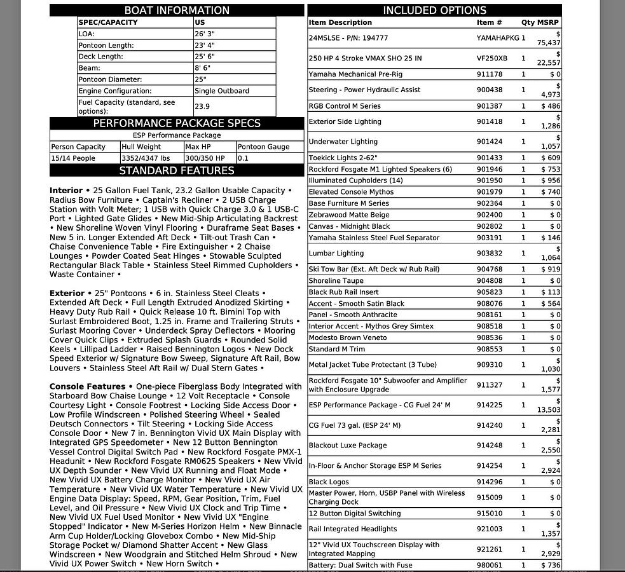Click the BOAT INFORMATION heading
click(x=177, y=10)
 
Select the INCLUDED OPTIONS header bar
click(x=434, y=10)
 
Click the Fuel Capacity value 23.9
click(x=202, y=107)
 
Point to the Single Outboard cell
click(x=221, y=91)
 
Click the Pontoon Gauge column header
click(x=263, y=147)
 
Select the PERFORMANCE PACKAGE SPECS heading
click(x=177, y=123)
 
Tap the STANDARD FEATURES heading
click(x=177, y=170)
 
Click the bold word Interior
click(x=66, y=191)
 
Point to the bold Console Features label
click(x=87, y=386)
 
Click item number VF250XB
click(x=492, y=58)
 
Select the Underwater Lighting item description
click(x=343, y=142)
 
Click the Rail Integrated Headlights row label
click(x=352, y=529)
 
